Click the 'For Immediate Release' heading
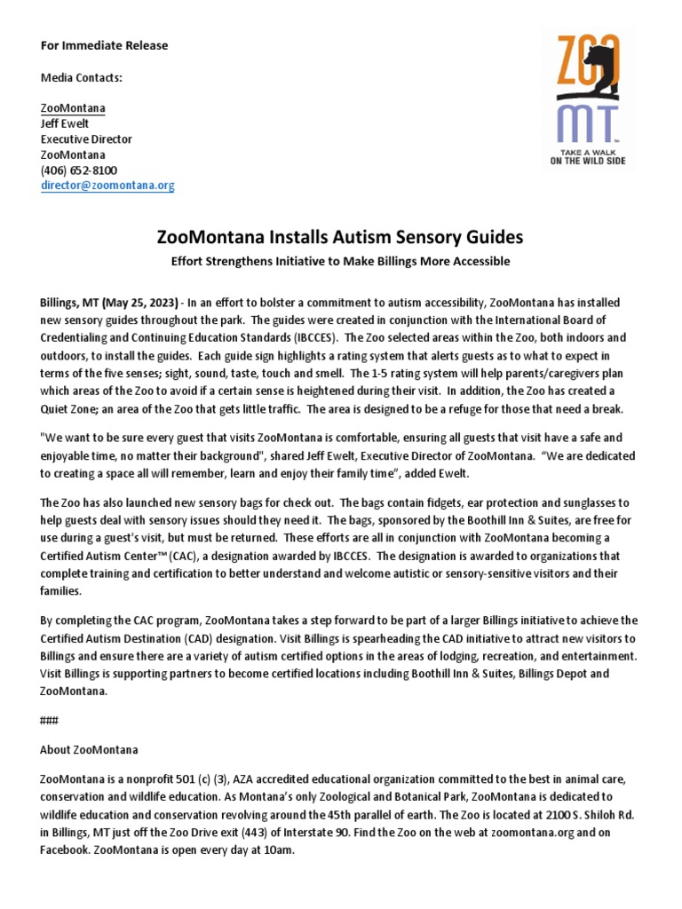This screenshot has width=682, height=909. pos(104,45)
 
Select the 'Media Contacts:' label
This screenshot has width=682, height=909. pos(82,77)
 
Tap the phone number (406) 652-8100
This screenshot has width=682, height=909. pos(79,170)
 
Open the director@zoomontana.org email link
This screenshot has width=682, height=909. pos(107,186)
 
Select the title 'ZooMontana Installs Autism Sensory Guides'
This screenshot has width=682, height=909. pos(340,237)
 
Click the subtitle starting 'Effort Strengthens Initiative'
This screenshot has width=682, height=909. pos(340,261)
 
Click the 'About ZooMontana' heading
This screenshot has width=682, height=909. pos(89,749)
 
